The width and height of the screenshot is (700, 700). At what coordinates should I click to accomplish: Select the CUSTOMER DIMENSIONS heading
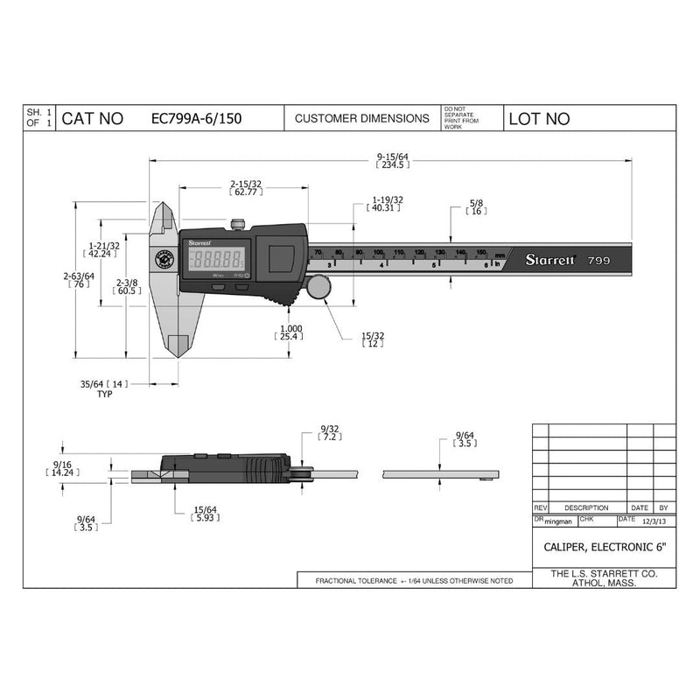click(361, 118)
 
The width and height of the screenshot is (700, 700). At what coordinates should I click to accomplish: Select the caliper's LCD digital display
click(217, 259)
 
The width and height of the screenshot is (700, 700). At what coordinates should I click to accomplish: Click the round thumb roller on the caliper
click(319, 288)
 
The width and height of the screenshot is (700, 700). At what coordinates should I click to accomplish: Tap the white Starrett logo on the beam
click(549, 260)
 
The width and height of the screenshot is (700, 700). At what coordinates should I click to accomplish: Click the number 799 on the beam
click(598, 260)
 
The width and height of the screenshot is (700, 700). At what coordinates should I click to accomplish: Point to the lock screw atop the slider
click(239, 225)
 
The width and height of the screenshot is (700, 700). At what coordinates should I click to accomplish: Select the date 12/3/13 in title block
click(652, 521)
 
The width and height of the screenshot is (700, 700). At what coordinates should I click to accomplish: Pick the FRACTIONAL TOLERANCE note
click(414, 581)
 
